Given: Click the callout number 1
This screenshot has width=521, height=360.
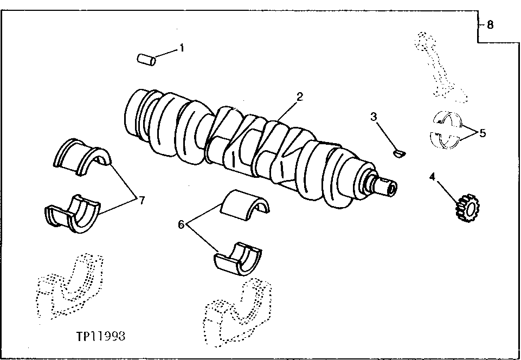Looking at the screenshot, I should (x=182, y=48).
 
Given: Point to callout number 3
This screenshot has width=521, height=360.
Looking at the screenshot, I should (x=374, y=116).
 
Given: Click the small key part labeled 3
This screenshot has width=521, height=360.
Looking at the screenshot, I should (x=400, y=153).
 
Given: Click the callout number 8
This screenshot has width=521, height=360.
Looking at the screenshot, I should (x=490, y=24).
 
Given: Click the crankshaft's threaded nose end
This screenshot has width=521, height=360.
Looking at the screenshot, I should (x=382, y=184).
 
